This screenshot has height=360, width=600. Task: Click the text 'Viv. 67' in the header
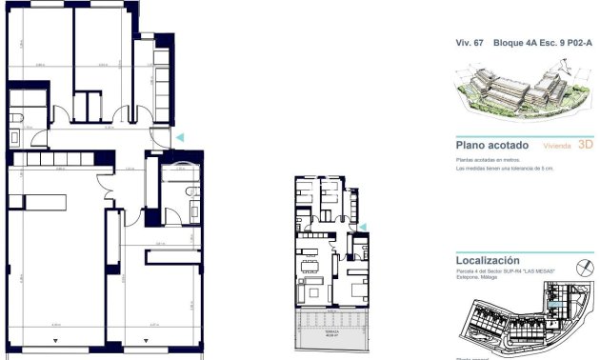467,44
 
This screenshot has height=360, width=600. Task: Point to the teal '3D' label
586,146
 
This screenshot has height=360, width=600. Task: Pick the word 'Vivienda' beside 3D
558,147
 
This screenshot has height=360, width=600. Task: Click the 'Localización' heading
489,259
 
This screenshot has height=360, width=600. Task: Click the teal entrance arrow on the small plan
361,227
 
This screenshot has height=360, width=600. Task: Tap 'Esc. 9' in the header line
549,44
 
